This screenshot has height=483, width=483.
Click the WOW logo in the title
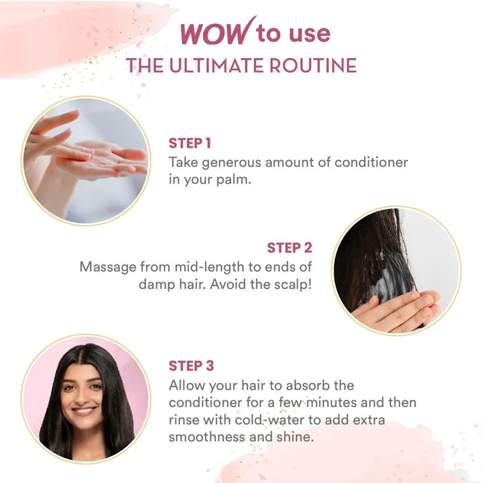coord(218,32)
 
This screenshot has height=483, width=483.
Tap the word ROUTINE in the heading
coord(313,66)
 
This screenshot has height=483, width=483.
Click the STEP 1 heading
coord(190,144)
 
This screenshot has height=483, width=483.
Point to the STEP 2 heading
coord(290,248)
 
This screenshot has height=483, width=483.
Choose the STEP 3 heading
coord(191,366)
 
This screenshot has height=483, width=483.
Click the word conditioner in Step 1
coord(371,162)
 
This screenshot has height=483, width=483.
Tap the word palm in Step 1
coord(233,180)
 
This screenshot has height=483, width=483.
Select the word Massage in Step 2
coord(108,268)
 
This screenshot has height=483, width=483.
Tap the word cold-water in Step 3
coord(272,420)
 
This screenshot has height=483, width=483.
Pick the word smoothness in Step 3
coord(206,437)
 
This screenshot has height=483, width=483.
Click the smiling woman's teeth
coord(83,411)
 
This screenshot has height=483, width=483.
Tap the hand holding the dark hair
coord(397,310)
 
